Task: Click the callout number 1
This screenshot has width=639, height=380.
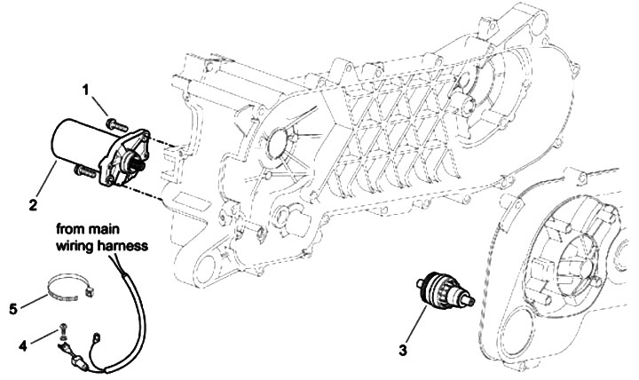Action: click(x=88, y=91)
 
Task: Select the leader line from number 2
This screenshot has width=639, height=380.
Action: click(x=47, y=183)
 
